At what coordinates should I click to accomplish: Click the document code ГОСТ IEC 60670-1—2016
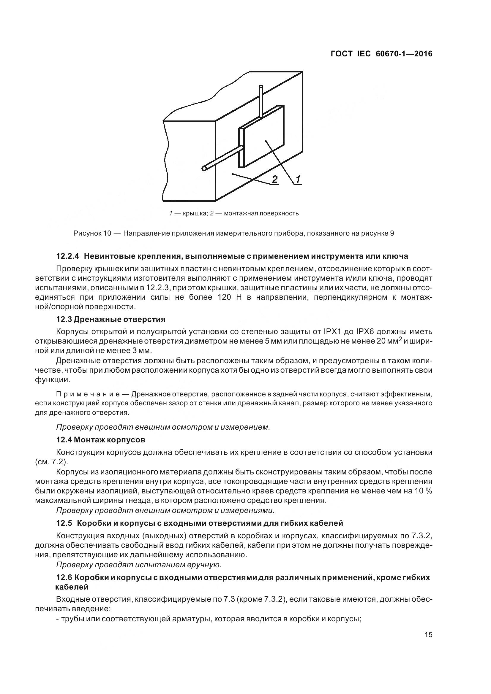[x=381, y=54]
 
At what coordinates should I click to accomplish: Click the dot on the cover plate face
[x=265, y=141]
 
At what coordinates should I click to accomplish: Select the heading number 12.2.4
[x=67, y=256]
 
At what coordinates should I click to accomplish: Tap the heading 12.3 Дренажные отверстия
[x=111, y=320]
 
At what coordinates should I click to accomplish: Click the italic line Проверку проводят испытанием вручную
[x=139, y=565]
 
